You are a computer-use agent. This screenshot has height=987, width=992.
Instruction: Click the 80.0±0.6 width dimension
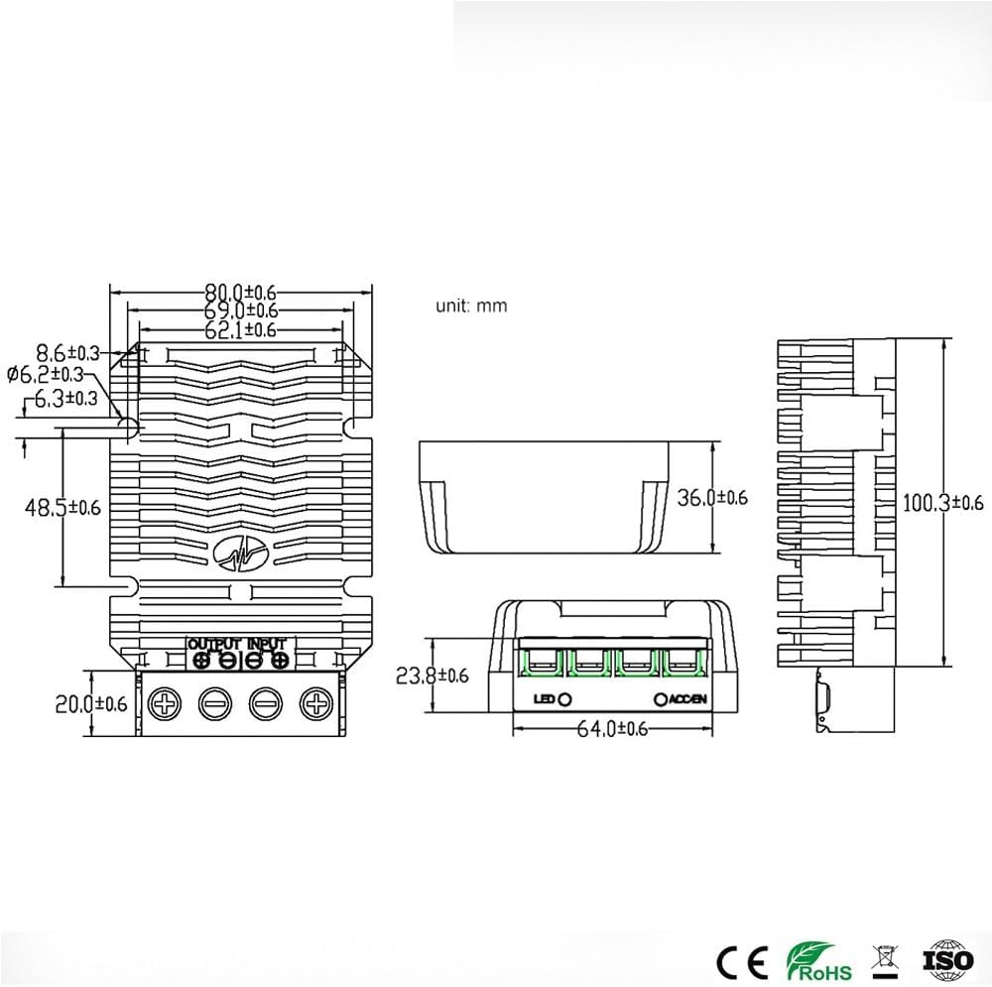(240, 292)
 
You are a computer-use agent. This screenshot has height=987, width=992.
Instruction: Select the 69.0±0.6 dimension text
(240, 311)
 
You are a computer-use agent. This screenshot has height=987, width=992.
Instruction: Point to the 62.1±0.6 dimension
(240, 330)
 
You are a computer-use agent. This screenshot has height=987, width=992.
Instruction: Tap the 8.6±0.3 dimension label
(68, 352)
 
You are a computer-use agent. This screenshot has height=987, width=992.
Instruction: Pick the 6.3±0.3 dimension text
(65, 399)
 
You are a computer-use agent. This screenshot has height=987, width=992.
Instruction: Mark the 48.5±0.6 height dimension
(62, 507)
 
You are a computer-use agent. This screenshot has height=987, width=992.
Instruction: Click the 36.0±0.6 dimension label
(711, 497)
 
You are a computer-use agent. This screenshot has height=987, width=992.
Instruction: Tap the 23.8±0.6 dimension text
(432, 676)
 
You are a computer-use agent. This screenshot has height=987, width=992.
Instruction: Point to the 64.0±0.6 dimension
(612, 729)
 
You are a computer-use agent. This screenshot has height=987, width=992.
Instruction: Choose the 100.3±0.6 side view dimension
(941, 503)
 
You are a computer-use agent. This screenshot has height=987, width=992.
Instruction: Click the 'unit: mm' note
(471, 306)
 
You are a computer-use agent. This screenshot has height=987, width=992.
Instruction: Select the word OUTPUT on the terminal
(214, 644)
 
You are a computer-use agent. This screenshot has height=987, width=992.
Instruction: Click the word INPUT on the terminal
(266, 644)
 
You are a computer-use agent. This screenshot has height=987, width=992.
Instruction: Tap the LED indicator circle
(565, 699)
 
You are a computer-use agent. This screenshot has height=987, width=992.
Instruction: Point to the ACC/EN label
(686, 699)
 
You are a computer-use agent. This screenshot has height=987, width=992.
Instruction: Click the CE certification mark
(741, 959)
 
